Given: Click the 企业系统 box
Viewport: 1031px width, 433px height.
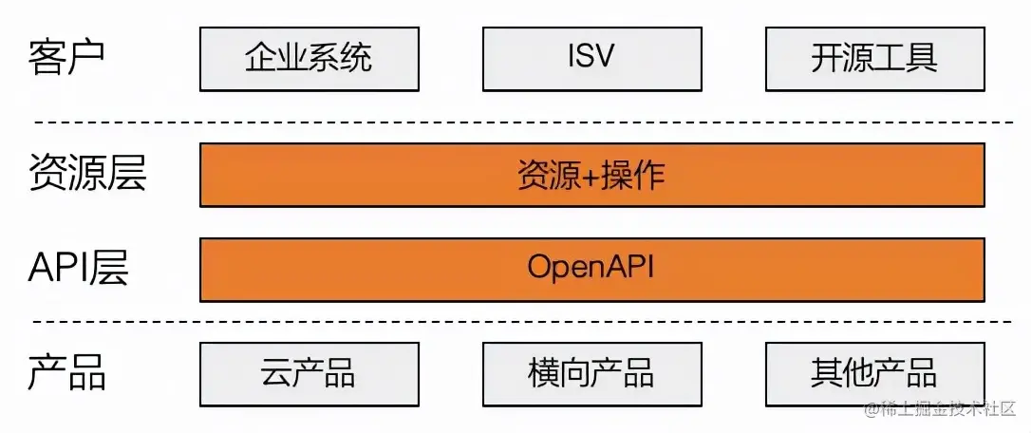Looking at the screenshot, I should [309, 59].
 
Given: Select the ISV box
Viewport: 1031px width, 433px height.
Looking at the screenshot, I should [591, 59].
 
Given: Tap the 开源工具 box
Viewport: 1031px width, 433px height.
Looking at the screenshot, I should [874, 59].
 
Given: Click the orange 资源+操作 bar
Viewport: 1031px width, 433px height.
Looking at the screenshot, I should [591, 175].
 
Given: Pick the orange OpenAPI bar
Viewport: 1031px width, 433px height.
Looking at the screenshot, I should [591, 269].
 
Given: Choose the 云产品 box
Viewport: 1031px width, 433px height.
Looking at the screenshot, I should [309, 373].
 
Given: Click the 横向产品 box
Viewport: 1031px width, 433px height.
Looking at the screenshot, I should [591, 373].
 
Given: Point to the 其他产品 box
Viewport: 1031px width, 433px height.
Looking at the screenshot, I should [874, 373].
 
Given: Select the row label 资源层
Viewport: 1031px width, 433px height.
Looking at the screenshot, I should [87, 174].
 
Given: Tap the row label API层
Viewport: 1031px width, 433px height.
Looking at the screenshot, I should [78, 270].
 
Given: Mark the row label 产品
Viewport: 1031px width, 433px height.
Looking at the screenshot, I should [66, 372].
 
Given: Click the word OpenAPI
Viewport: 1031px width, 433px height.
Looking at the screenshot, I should [591, 269].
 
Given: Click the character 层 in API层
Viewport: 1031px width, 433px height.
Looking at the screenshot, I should [110, 270].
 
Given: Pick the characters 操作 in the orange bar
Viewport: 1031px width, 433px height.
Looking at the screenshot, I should [633, 175].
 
